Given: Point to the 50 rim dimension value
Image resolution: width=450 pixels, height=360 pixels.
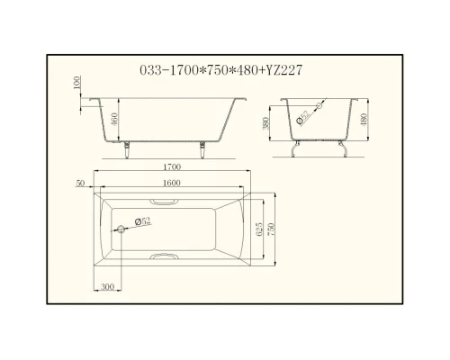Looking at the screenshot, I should tap(81, 183).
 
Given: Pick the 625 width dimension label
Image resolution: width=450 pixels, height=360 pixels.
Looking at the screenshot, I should tap(261, 229).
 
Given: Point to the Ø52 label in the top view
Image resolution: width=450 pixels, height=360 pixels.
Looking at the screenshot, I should tap(142, 221).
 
